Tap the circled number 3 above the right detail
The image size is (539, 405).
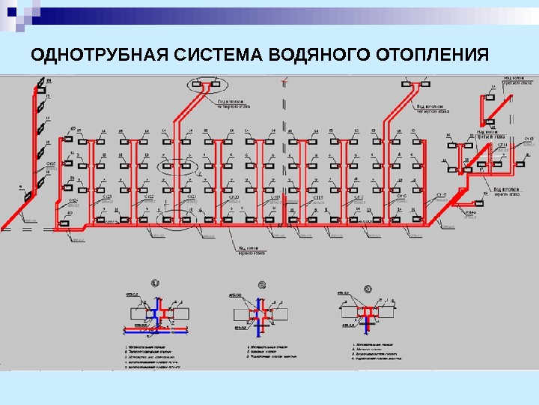pyautogui.click(x=368, y=287)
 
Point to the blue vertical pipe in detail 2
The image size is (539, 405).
pyautogui.click(x=259, y=321)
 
